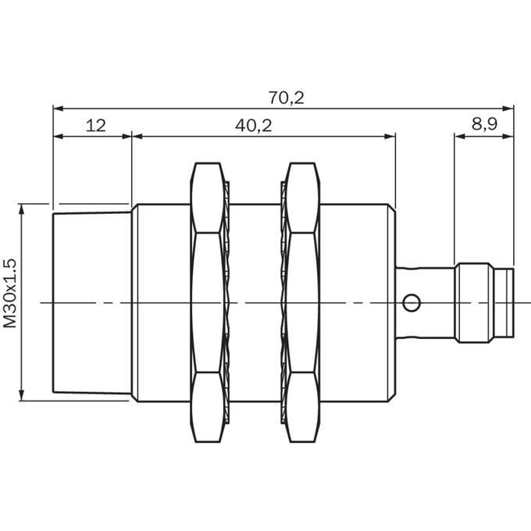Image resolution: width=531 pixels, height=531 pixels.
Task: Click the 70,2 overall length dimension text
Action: coord(287,98)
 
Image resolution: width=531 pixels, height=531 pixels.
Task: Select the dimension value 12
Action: coord(96,126)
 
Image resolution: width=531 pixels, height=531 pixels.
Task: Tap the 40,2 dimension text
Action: coord(254,126)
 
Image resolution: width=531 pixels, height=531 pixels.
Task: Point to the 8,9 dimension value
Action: coord(485,124)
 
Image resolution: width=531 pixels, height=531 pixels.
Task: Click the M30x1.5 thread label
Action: coord(10,294)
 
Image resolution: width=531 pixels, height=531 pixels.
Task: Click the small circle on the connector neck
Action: coord(412,302)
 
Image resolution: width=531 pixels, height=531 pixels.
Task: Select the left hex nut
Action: coord(208,302)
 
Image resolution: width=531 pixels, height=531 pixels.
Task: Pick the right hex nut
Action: coord(302,302)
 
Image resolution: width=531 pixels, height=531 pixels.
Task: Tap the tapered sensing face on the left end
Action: coord(92,302)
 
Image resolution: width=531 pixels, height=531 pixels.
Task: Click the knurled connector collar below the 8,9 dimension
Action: coord(474,303)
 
